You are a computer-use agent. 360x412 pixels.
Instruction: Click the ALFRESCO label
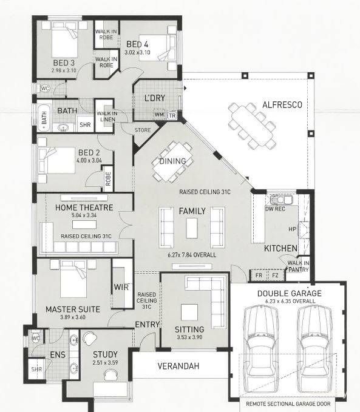coord(282,105)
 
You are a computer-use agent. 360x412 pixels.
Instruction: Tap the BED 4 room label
coord(137,44)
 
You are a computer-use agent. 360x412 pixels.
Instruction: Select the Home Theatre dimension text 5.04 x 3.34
coord(84,215)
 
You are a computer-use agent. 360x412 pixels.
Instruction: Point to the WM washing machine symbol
coord(159,115)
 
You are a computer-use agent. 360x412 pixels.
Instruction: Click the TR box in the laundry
coord(172,115)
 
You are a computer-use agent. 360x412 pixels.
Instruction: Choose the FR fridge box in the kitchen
coord(259,275)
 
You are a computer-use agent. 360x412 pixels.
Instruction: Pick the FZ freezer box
coord(275,275)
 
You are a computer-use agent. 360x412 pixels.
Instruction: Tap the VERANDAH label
coord(178,366)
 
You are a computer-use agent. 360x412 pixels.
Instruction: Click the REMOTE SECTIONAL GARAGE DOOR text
coord(288,404)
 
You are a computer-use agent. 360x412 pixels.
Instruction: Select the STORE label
coord(143,130)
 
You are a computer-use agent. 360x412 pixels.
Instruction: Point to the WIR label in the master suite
coord(121,287)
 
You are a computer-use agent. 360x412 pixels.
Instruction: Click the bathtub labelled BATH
coord(44,118)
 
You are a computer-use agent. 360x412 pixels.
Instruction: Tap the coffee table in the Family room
coord(192,228)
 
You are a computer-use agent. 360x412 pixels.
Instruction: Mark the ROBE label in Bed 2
coord(108,178)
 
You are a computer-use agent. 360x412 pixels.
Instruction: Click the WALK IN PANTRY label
coord(299,266)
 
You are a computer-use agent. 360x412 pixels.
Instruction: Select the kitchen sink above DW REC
coord(281,200)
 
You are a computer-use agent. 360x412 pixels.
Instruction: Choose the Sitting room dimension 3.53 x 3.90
coord(189,337)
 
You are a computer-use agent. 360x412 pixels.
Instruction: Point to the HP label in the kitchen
coord(293,229)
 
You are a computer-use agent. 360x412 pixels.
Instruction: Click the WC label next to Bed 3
coord(45,89)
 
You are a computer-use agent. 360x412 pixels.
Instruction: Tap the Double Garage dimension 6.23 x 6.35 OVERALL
coord(290,301)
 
